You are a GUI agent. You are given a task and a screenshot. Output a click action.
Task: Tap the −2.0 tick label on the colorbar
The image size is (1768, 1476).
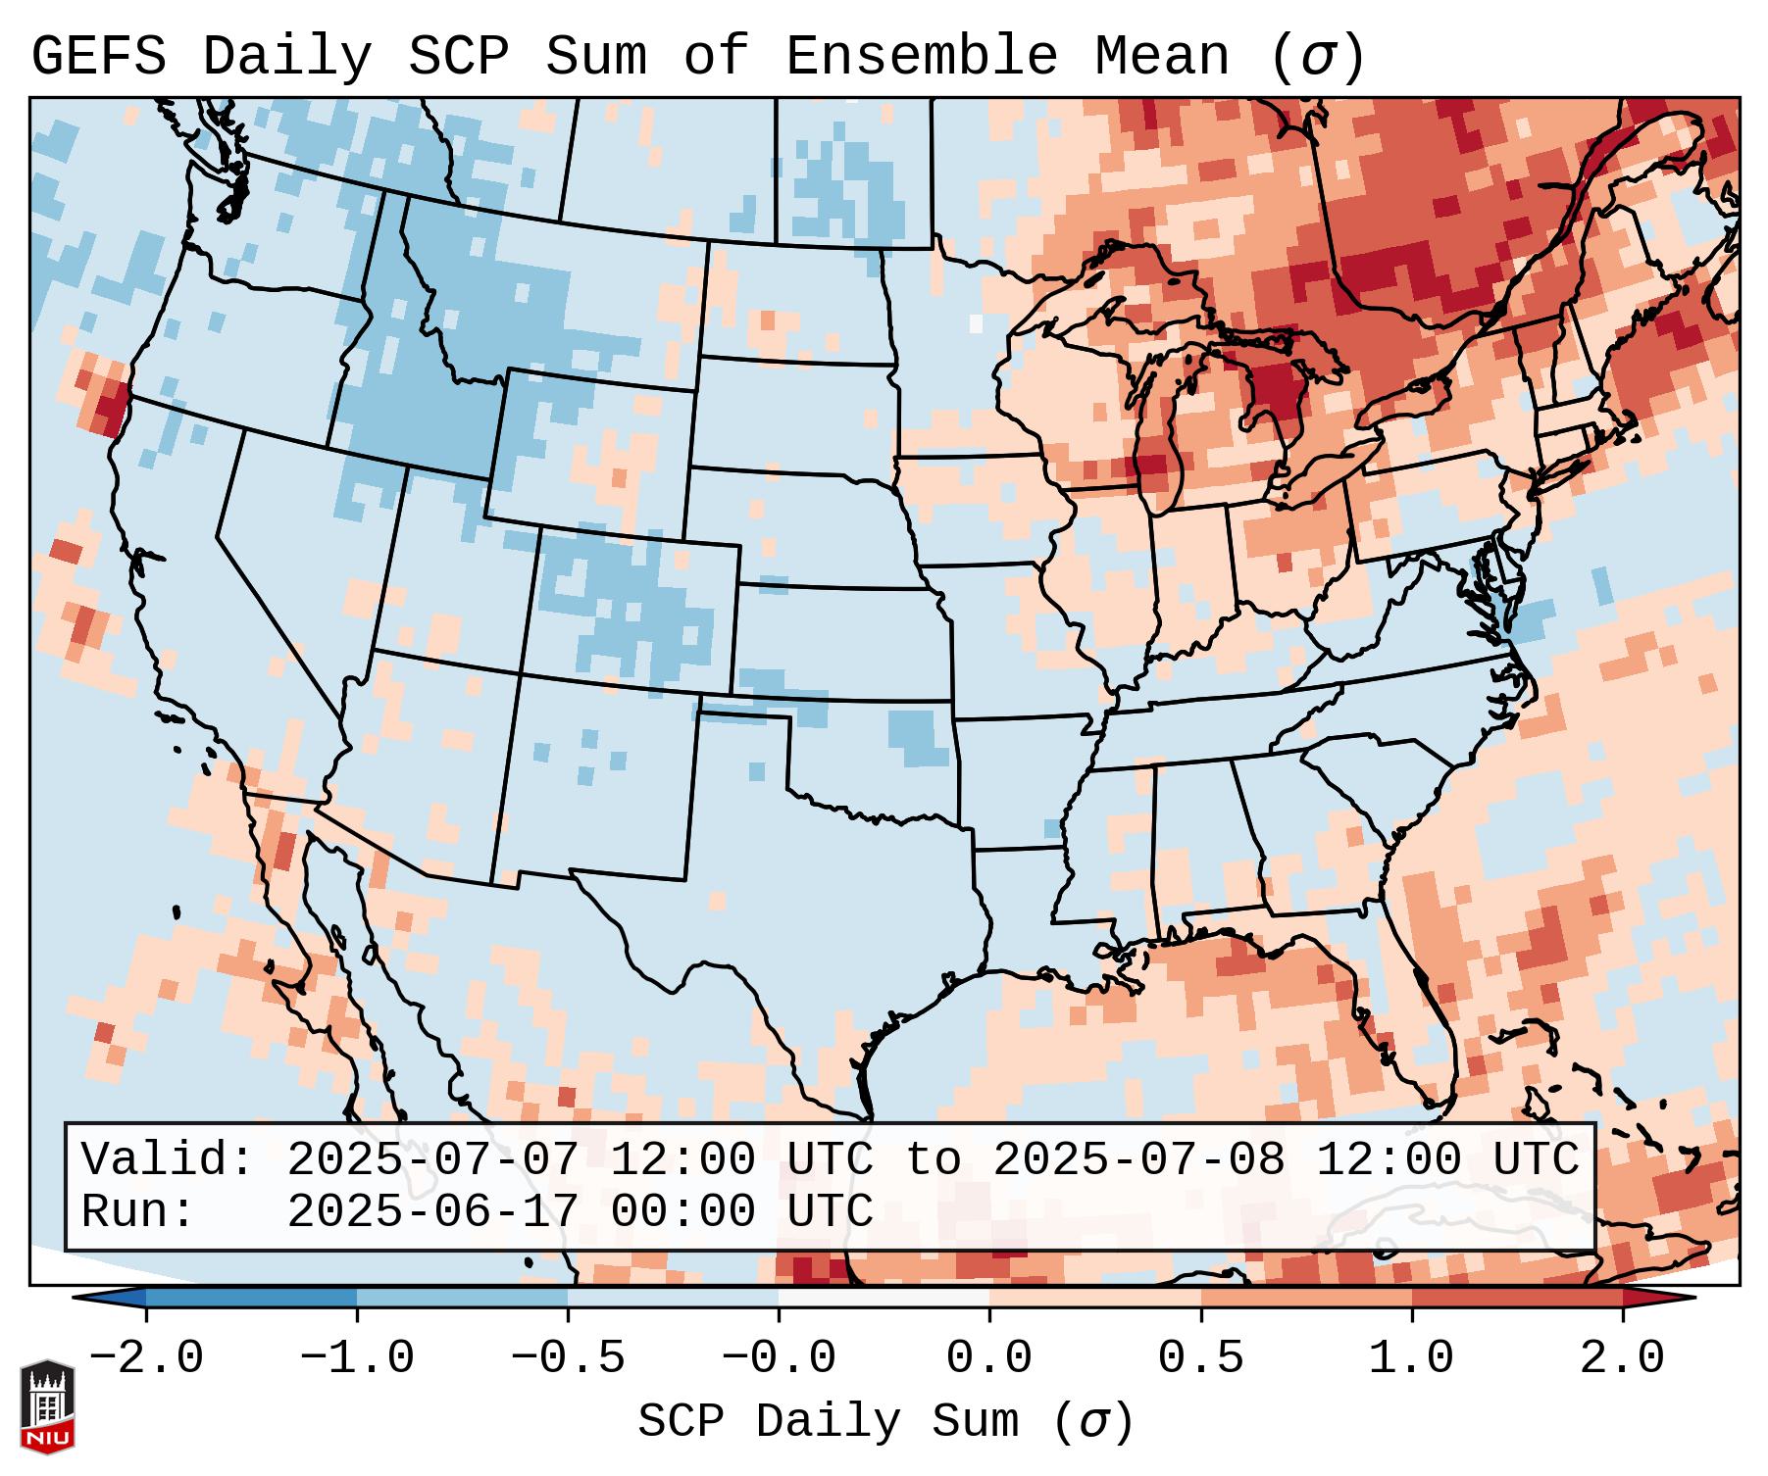[x=146, y=1358]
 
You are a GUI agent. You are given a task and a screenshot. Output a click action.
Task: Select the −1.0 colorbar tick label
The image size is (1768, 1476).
[x=357, y=1358]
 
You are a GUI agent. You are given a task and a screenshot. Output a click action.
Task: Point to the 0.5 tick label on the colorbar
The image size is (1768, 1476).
[x=1200, y=1358]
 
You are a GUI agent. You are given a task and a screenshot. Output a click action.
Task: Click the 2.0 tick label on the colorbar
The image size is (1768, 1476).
[x=1622, y=1358]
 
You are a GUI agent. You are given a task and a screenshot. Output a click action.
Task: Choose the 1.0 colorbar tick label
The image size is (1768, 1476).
[x=1411, y=1358]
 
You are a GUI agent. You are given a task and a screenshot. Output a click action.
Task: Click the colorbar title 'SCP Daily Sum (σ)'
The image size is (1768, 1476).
[x=885, y=1422]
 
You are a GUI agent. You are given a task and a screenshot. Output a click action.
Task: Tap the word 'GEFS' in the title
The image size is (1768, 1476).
[x=98, y=57]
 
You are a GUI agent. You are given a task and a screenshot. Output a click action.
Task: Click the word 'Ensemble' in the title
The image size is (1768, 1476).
[x=921, y=57]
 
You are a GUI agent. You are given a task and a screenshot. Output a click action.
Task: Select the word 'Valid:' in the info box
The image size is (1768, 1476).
[x=168, y=1160]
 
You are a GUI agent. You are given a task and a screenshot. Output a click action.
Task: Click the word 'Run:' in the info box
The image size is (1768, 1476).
[x=138, y=1212]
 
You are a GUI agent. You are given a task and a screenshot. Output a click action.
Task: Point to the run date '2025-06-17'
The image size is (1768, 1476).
[x=432, y=1212]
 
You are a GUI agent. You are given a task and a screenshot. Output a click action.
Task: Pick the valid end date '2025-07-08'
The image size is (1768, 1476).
[x=1138, y=1160]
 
